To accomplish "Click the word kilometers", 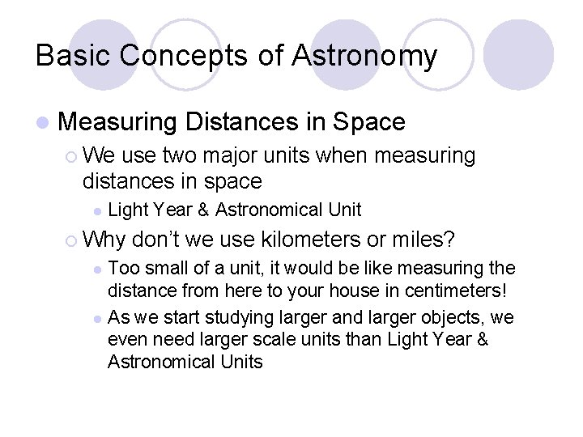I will (x=304, y=240).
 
